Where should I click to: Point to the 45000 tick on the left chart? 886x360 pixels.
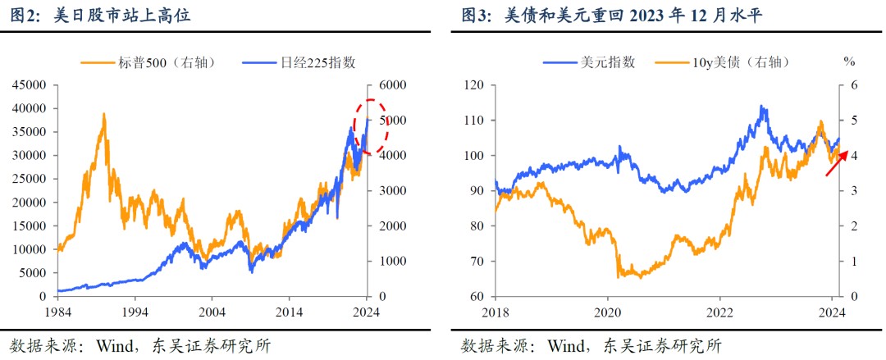pyautogui.click(x=31, y=85)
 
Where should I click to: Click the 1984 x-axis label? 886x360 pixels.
pyautogui.click(x=57, y=312)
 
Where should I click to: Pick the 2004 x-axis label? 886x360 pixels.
pyautogui.click(x=212, y=312)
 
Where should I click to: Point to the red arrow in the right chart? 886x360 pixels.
pyautogui.click(x=836, y=162)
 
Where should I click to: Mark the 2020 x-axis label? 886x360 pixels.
pyautogui.click(x=608, y=312)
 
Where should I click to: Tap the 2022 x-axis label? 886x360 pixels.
pyautogui.click(x=719, y=312)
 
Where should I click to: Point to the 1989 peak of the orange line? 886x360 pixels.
pyautogui.click(x=104, y=115)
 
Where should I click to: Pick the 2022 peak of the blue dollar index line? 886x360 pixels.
pyautogui.click(x=762, y=107)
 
